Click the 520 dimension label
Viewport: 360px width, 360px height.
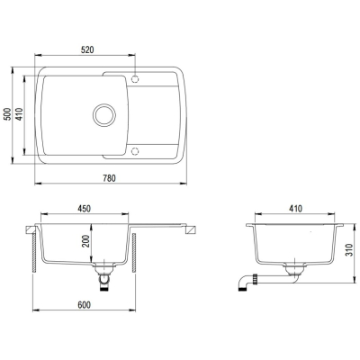click(87, 49)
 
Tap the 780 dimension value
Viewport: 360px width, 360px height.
click(109, 178)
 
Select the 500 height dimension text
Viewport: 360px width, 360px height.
click(8, 114)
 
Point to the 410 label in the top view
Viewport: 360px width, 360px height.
click(20, 114)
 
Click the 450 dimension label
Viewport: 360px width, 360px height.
click(85, 209)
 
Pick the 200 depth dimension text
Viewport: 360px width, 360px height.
click(86, 241)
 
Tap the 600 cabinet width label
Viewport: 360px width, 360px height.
click(84, 305)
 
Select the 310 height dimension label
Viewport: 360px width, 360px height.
click(349, 250)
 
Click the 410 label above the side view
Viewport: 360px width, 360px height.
click(296, 209)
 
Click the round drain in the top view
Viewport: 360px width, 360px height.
click(104, 115)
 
